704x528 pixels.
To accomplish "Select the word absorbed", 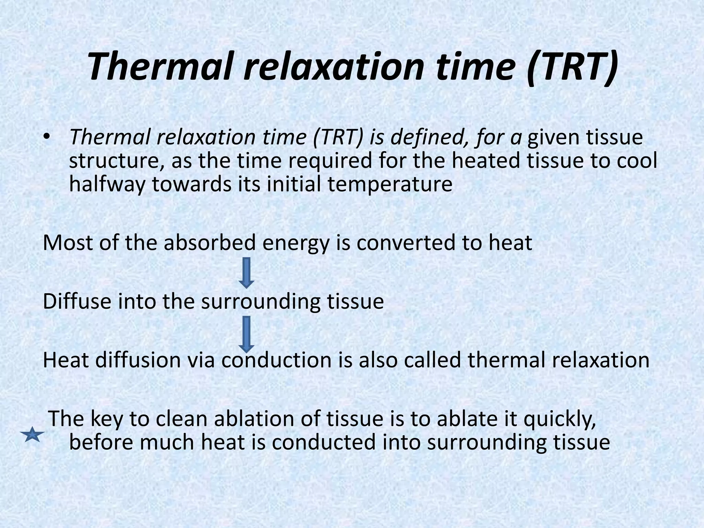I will click(209, 243).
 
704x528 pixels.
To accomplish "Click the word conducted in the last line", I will click(323, 443).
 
